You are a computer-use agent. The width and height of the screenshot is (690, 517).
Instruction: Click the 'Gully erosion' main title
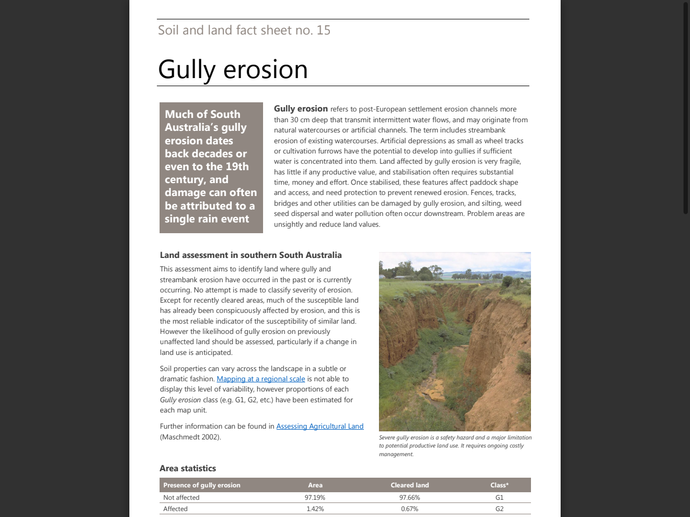(232, 70)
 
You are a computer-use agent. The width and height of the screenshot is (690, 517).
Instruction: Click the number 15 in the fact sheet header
(323, 30)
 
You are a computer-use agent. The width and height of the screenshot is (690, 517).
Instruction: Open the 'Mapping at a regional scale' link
(260, 379)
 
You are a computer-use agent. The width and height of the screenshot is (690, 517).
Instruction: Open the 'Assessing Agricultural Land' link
(320, 427)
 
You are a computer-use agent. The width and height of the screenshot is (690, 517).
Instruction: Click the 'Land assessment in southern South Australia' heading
(251, 255)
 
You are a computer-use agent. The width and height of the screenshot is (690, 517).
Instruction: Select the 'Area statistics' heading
(188, 469)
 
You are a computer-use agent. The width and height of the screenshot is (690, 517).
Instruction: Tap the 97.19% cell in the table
(315, 498)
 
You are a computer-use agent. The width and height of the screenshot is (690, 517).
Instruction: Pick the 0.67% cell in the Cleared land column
(410, 509)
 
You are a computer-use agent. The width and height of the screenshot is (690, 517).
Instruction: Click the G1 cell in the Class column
(499, 498)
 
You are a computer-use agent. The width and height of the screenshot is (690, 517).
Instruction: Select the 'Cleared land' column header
(410, 485)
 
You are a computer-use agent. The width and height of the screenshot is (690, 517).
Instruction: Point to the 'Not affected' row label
(181, 498)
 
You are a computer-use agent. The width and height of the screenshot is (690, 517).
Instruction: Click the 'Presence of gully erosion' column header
(202, 485)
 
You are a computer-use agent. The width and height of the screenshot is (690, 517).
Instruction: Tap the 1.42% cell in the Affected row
(315, 509)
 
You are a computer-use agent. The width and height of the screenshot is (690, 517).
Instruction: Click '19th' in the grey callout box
(237, 167)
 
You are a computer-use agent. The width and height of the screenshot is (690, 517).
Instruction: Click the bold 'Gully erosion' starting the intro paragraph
(301, 109)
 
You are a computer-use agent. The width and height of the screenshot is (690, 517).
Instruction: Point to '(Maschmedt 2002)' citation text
(190, 437)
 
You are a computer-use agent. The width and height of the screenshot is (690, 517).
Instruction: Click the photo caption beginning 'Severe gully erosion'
(454, 445)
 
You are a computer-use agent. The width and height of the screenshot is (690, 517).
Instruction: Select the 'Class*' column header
(499, 485)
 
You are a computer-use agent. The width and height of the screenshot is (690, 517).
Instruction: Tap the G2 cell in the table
(499, 509)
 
